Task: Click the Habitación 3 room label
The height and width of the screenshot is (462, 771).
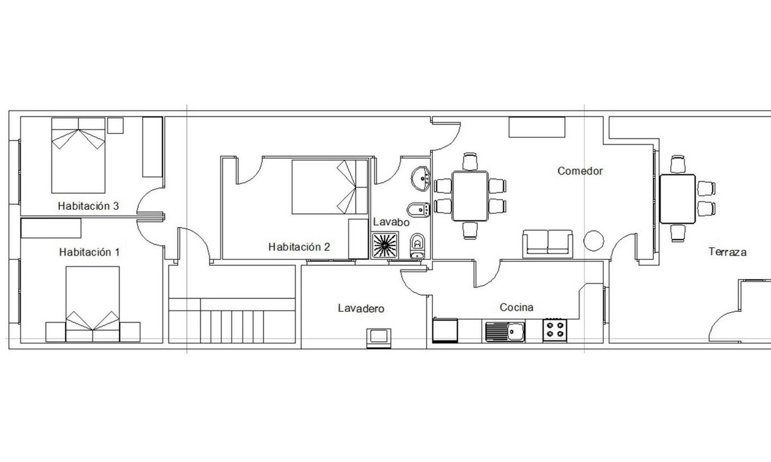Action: pyautogui.click(x=89, y=206)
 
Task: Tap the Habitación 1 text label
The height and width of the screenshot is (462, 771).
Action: pyautogui.click(x=89, y=252)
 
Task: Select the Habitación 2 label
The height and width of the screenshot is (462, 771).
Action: pyautogui.click(x=299, y=247)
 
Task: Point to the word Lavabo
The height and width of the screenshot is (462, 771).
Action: pyautogui.click(x=391, y=222)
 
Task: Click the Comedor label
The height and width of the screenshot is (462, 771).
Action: pyautogui.click(x=580, y=171)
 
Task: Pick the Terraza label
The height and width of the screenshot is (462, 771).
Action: pyautogui.click(x=727, y=252)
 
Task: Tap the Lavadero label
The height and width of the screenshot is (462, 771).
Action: pyautogui.click(x=361, y=309)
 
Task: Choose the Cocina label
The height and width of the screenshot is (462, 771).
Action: pyautogui.click(x=517, y=307)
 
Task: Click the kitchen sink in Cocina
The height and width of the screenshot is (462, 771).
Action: pyautogui.click(x=505, y=331)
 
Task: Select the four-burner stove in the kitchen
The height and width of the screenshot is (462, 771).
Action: pyautogui.click(x=555, y=330)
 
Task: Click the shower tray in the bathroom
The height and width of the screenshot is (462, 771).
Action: pyautogui.click(x=385, y=245)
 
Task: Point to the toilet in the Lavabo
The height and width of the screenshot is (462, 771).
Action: pyautogui.click(x=418, y=246)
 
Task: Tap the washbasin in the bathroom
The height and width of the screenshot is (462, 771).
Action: pyautogui.click(x=421, y=178)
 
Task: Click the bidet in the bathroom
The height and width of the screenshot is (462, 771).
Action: pyautogui.click(x=418, y=209)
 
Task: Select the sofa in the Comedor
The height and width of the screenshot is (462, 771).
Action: pyautogui.click(x=547, y=244)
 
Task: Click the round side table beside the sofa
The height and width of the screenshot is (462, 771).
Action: pyautogui.click(x=594, y=240)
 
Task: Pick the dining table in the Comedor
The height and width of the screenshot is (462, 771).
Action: pyautogui.click(x=470, y=196)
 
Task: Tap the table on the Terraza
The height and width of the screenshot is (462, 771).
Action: pyautogui.click(x=678, y=199)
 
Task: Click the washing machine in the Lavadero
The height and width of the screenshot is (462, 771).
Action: pyautogui.click(x=378, y=338)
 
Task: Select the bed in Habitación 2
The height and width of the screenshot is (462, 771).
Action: pyautogui.click(x=330, y=187)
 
